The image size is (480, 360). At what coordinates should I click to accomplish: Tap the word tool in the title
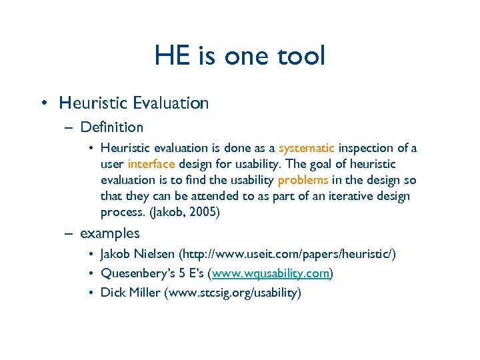click(299, 56)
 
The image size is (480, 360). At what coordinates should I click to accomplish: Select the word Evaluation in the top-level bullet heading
click(171, 103)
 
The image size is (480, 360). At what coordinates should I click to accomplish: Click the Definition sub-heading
click(111, 127)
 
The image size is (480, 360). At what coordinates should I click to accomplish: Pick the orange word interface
click(151, 164)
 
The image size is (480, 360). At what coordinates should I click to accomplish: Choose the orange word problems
click(303, 180)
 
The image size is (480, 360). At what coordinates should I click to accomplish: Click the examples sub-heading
click(110, 233)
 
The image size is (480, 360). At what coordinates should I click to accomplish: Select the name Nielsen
click(155, 255)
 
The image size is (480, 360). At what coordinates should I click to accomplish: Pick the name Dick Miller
click(130, 292)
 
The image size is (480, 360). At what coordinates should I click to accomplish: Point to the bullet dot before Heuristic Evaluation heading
click(43, 103)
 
